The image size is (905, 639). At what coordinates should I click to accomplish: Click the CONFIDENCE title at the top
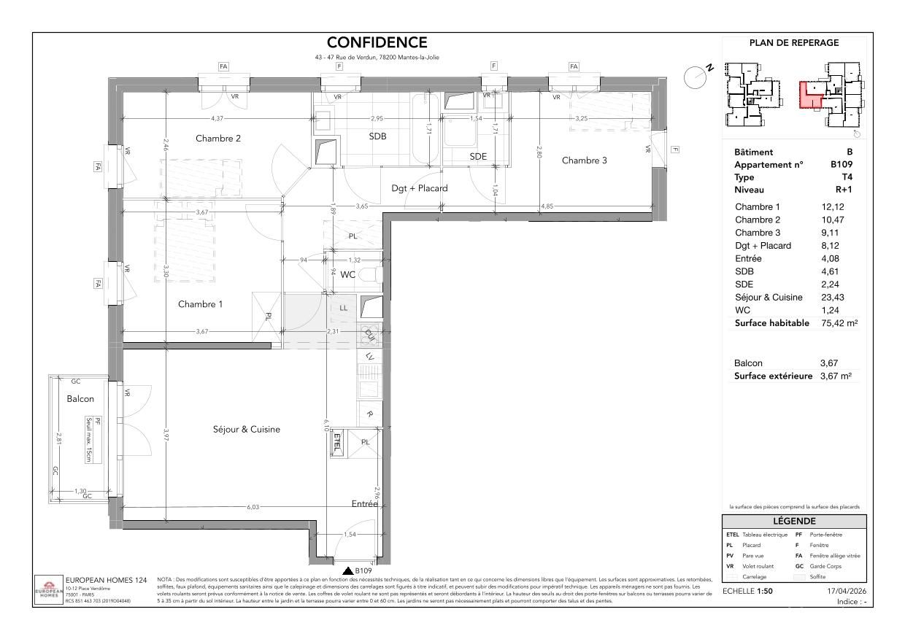click(x=377, y=43)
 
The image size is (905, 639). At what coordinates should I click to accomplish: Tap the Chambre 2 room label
click(x=218, y=139)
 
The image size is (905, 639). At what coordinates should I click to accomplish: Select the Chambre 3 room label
click(x=584, y=160)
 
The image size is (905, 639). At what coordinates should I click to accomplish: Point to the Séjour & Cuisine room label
click(x=242, y=430)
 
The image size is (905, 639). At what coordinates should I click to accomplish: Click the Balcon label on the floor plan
click(x=80, y=399)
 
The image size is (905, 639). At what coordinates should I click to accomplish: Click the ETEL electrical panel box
click(x=337, y=442)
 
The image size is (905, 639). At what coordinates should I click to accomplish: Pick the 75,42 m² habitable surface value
click(x=836, y=323)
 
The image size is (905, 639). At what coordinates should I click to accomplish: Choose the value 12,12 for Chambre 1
click(x=833, y=207)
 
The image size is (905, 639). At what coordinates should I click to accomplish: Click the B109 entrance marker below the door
click(x=358, y=570)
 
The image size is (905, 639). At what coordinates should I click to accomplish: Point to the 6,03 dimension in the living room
click(x=252, y=508)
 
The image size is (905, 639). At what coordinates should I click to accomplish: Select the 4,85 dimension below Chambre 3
click(x=547, y=206)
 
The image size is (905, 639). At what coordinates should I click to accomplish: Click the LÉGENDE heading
click(x=794, y=521)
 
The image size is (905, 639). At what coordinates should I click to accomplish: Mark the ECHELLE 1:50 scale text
click(x=747, y=591)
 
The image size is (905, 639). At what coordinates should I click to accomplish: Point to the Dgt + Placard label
click(x=420, y=188)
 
